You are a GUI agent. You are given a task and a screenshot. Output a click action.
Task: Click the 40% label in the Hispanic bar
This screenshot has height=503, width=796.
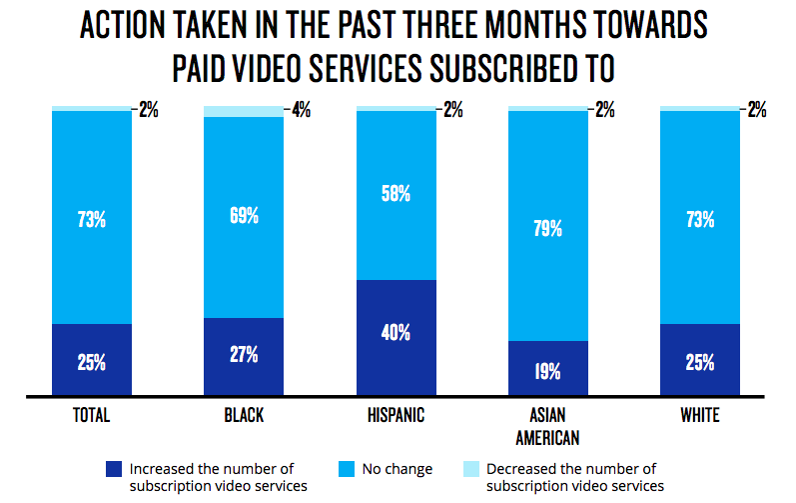397,333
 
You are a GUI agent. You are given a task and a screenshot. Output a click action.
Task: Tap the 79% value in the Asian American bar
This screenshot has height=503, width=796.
548,229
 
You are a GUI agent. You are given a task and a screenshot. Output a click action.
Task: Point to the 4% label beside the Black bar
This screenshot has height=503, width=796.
301,110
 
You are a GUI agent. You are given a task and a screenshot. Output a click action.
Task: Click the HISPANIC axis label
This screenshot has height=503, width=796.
397,415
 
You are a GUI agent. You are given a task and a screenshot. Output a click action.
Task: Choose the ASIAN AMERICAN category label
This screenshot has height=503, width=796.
548,425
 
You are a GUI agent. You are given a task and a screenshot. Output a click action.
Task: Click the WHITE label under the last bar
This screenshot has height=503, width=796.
699,415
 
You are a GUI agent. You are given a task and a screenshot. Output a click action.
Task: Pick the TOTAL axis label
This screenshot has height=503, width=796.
91,415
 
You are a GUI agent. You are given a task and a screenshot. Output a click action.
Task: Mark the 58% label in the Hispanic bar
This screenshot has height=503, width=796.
397,194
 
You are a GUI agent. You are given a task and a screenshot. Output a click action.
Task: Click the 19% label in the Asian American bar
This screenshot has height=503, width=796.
548,372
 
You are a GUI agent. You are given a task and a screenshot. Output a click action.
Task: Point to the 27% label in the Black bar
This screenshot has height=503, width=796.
244,354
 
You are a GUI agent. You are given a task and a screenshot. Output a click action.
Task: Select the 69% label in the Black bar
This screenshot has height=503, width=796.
244,215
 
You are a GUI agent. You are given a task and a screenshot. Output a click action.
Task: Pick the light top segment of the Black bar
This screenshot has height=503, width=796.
244,111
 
